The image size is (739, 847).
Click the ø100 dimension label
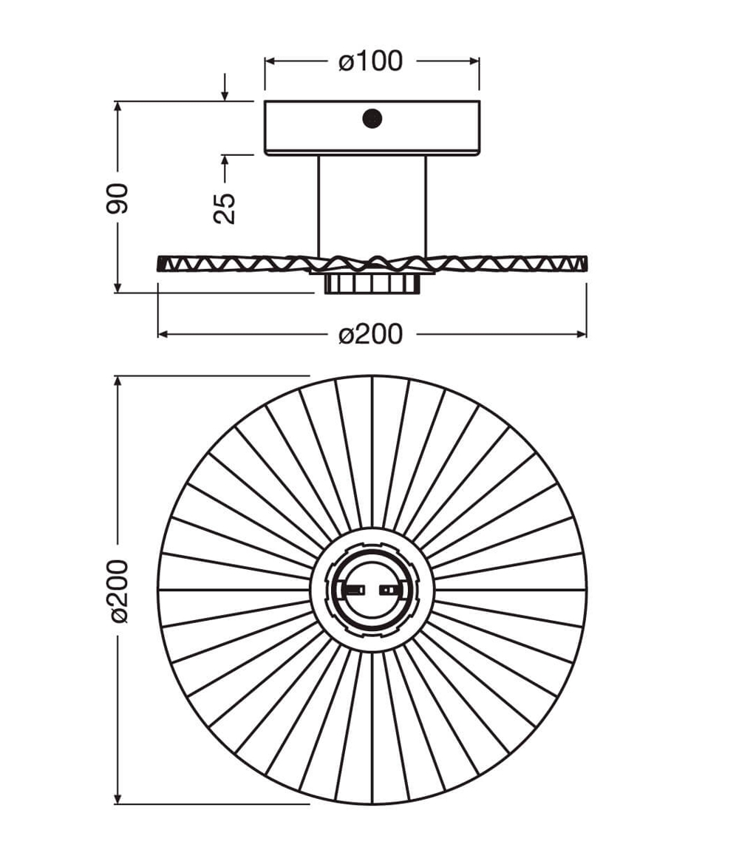point(370,61)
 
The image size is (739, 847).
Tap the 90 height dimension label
point(118,199)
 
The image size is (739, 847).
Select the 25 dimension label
point(225,208)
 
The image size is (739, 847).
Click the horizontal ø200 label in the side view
point(370,334)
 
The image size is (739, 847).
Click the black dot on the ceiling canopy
point(372,119)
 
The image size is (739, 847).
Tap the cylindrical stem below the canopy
point(372,206)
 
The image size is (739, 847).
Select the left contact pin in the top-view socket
point(355,590)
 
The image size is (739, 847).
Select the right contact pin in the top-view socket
point(388,590)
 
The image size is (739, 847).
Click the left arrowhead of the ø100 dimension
point(270,61)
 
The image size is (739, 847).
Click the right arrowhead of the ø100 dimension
point(474,61)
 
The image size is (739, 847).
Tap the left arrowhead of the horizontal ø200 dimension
point(163,334)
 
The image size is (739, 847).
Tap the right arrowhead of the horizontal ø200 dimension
point(581,334)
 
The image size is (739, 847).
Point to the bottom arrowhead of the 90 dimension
point(118,288)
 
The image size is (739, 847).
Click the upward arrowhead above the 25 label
point(225,161)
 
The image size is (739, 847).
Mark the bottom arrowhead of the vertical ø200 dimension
point(118,798)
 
